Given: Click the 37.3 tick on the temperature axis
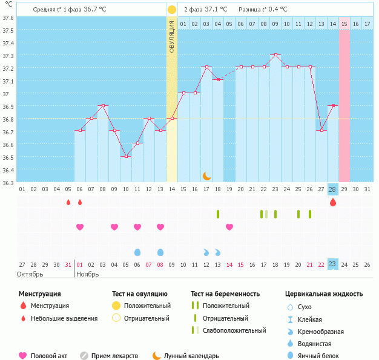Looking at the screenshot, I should tap(8, 56).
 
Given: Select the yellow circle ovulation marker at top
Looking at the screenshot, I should tap(172, 10).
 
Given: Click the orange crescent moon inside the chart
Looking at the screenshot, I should tap(206, 175).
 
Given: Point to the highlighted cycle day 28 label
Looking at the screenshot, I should tap(332, 189).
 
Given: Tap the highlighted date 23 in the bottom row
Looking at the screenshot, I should tap(332, 264).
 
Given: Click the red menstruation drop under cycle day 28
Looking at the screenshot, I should tap(332, 202).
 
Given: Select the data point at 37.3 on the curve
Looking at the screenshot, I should tap(275, 55).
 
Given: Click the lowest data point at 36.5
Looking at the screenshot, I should tap(126, 156).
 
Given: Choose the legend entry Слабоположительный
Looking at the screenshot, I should tap(234, 330).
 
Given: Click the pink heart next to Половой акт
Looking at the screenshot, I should tap(23, 356).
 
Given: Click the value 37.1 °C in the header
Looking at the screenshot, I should tap(216, 10).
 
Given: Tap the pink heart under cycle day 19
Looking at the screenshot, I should tap(229, 227).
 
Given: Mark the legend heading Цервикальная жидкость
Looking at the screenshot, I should tap(324, 293).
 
